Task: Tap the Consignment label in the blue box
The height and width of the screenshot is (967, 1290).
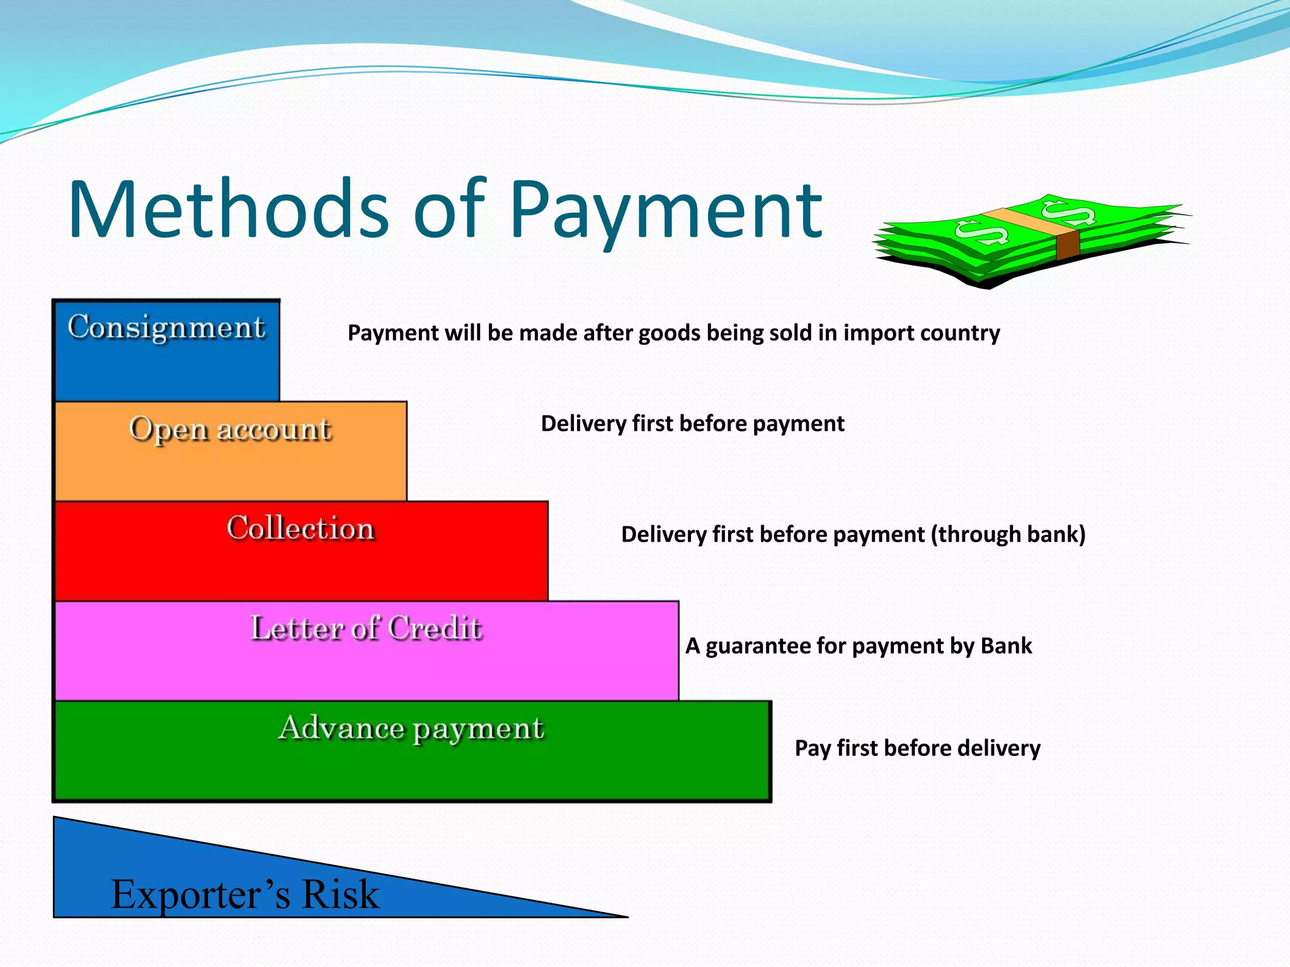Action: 166,327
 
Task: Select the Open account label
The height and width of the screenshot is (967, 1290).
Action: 230,429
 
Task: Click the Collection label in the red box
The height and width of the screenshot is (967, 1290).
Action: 301,528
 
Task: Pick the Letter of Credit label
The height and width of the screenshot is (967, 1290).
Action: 366,628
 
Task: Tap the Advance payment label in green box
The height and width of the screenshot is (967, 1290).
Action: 411,728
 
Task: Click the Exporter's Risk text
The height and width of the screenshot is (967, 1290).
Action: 245,894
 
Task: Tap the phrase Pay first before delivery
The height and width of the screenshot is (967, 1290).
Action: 917,748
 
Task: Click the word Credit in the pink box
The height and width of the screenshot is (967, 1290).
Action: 435,628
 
